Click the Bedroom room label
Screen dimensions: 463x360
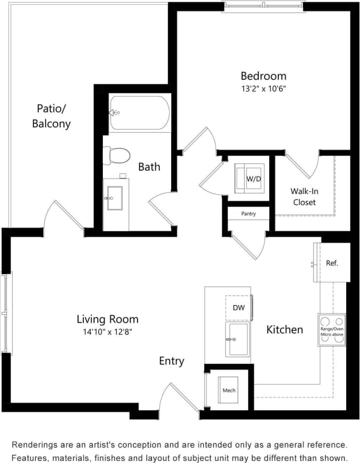263,76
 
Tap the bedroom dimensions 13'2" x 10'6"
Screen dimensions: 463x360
263,89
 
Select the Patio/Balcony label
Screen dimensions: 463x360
51,116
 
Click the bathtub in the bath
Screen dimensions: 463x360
140,113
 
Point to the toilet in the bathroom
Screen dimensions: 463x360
117,156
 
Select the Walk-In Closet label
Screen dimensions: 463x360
303,196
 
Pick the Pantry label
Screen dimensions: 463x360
249,213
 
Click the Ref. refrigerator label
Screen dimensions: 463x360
332,263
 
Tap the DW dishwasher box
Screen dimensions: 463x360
238,308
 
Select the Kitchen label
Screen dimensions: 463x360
285,330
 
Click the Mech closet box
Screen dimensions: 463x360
229,390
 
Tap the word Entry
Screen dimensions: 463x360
172,361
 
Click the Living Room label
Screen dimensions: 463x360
107,319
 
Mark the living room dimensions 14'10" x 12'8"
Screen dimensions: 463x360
107,331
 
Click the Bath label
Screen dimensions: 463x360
149,166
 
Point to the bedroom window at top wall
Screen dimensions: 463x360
262,6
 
